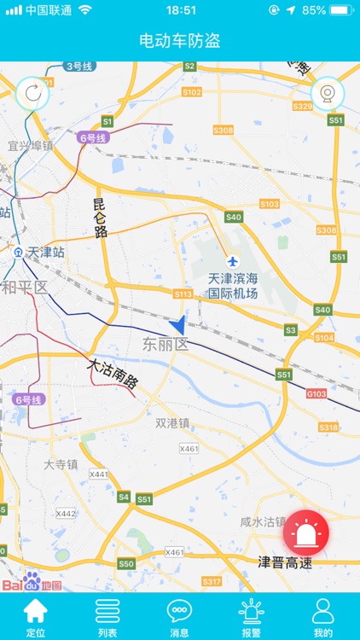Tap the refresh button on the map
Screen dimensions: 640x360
tap(32, 93)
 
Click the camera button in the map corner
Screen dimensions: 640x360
tap(327, 93)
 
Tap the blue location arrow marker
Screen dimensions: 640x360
tap(177, 324)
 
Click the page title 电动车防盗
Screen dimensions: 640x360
tap(180, 41)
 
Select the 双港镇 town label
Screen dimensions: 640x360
tap(172, 422)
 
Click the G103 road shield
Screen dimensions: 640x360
tap(316, 393)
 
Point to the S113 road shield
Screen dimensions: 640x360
tap(183, 294)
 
